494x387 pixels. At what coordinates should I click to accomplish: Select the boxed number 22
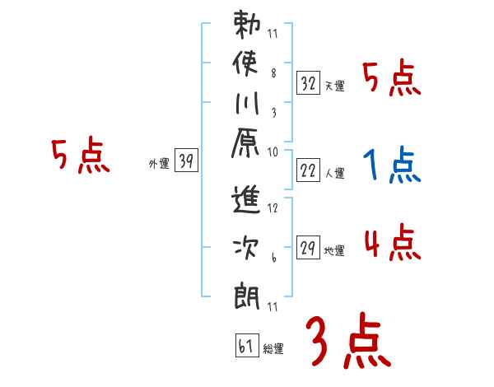pyautogui.click(x=309, y=170)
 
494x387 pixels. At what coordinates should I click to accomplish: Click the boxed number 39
pyautogui.click(x=186, y=161)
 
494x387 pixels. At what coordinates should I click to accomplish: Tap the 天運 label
pyautogui.click(x=334, y=86)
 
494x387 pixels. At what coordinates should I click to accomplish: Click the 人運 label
pyautogui.click(x=334, y=174)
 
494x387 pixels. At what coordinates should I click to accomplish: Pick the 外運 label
pyautogui.click(x=159, y=164)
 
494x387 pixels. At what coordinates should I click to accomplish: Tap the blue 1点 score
pyautogui.click(x=392, y=166)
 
